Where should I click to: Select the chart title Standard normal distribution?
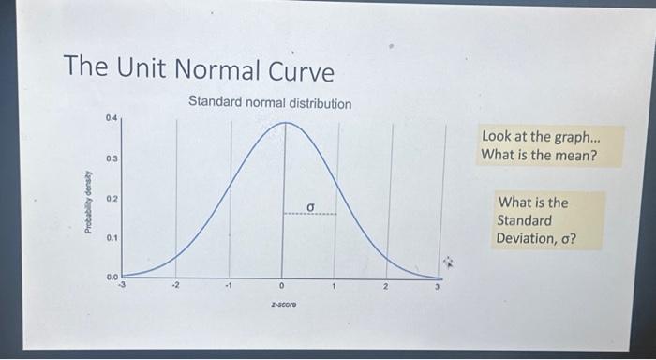click(270, 102)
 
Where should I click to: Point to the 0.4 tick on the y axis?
click(112, 118)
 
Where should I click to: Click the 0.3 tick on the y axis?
click(112, 158)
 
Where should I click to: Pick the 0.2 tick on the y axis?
click(112, 199)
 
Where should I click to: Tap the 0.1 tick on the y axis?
click(112, 238)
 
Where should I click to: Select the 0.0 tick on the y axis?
click(112, 276)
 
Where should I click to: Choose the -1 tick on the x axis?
click(227, 286)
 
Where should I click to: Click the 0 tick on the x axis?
click(281, 287)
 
